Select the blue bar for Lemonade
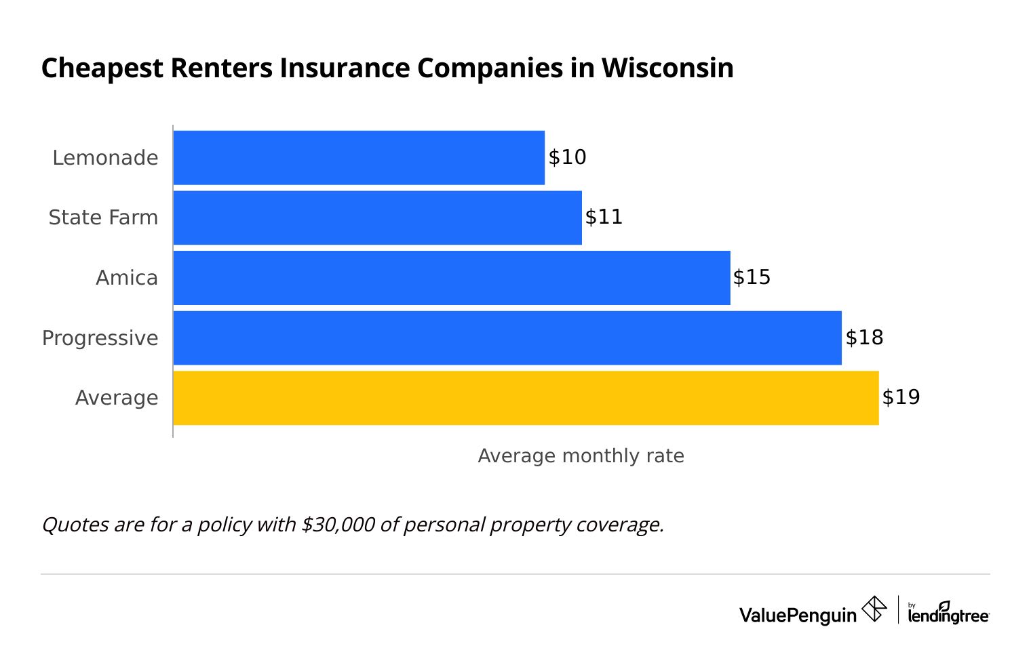click(359, 157)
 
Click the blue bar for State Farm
click(377, 218)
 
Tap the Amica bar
click(452, 278)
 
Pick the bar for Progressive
click(507, 338)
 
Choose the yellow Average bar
click(526, 398)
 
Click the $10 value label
click(567, 157)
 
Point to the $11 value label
click(604, 218)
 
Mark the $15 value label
click(752, 278)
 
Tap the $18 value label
click(864, 338)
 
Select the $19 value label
click(901, 397)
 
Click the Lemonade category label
click(105, 158)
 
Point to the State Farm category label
click(103, 218)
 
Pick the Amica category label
click(127, 278)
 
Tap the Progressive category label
click(100, 338)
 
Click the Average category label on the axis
click(117, 398)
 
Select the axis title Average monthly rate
click(581, 456)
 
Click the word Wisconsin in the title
click(667, 68)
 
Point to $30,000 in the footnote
click(338, 525)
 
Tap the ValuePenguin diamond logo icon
click(874, 609)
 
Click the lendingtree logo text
click(948, 614)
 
